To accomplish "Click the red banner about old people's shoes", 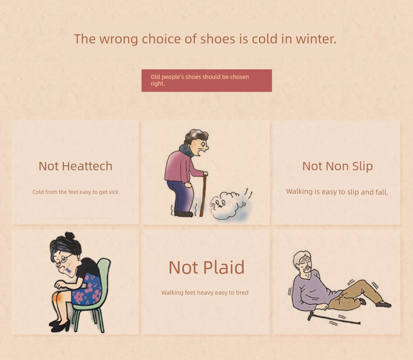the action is [206, 80].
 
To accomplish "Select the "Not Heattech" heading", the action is [76, 166].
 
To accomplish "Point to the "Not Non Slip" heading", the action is [337, 166].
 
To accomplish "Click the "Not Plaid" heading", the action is [206, 267].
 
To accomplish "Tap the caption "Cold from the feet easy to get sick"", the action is [75, 192].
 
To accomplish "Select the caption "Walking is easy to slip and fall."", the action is [337, 192].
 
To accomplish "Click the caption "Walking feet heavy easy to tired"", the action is [205, 293].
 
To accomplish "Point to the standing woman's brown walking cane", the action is [203, 195].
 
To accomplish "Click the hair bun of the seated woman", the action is [69, 235].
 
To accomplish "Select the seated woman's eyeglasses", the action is [63, 260].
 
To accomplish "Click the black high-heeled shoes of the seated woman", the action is [60, 326].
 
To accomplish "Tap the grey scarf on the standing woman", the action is [187, 150].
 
